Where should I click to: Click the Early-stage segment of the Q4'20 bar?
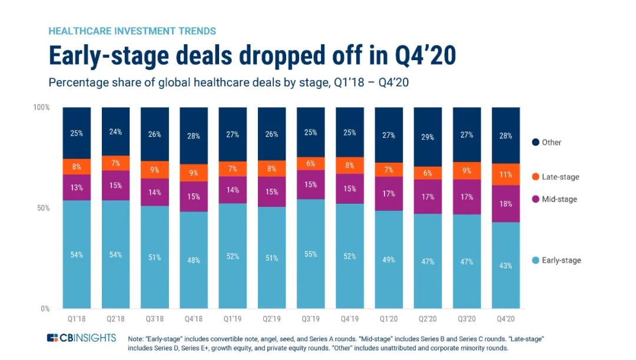tap(505, 265)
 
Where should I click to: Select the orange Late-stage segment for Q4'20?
tap(505, 174)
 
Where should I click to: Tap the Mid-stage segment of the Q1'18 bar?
tap(77, 187)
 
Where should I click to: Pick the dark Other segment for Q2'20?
tap(428, 137)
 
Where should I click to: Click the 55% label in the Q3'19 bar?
tap(310, 255)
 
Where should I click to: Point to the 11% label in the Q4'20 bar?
tap(506, 174)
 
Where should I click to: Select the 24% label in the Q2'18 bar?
tap(115, 132)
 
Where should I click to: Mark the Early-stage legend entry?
tap(556, 260)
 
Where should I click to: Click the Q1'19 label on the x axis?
tap(232, 319)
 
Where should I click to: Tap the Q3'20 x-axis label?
tap(466, 319)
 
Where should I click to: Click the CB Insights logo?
tap(81, 338)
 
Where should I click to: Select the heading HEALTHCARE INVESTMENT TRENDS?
tap(132, 31)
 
